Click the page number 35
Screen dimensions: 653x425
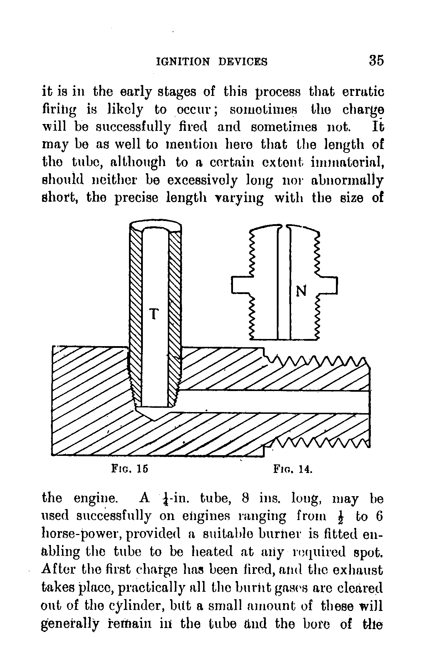(x=376, y=60)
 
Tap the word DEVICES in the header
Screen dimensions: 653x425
(x=243, y=62)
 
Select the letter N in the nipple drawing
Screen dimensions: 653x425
(x=301, y=291)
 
